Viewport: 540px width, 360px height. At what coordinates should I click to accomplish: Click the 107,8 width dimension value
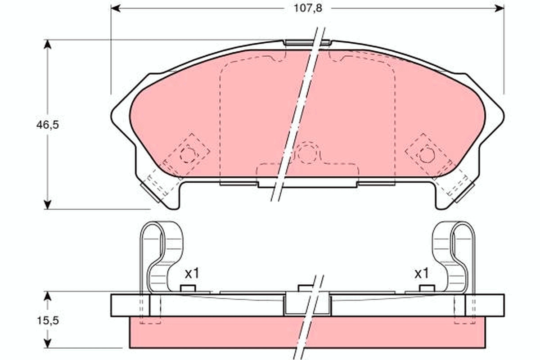tap(308, 9)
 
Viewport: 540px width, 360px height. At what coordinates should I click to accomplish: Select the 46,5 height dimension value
tap(48, 125)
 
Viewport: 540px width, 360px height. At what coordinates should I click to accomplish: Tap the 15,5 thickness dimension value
tap(48, 320)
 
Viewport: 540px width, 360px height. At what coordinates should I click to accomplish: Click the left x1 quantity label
tap(192, 274)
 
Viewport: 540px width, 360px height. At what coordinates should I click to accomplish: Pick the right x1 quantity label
tap(422, 274)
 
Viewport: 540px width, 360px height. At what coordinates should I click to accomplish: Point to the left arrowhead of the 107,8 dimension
tap(116, 9)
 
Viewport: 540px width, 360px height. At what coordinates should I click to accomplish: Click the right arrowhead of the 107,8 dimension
tap(499, 9)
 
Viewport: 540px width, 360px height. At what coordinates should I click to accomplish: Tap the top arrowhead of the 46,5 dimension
tap(48, 45)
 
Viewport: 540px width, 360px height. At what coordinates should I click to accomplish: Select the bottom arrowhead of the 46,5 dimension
tap(48, 204)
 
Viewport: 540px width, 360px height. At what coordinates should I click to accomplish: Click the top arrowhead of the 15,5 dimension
tap(48, 296)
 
